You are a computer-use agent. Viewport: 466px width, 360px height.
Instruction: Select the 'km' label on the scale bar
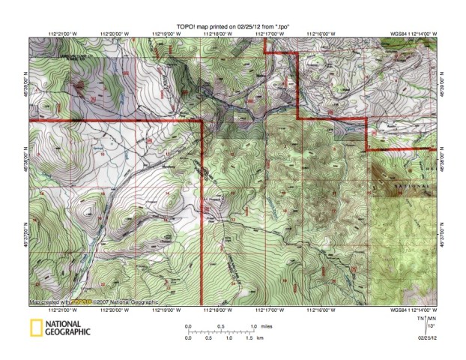259,338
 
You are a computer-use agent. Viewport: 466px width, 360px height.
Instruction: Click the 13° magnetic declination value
431,327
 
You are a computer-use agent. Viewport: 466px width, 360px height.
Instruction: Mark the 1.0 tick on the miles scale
253,326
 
